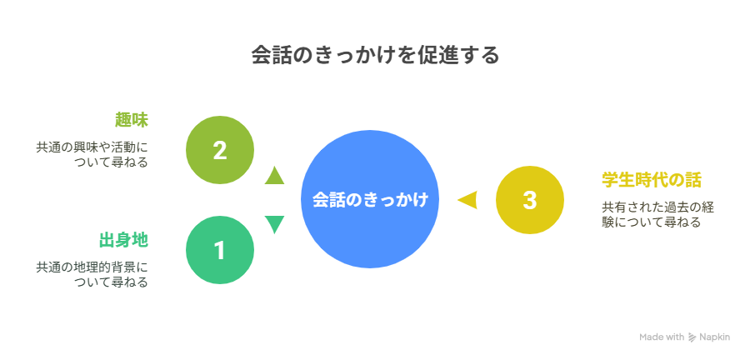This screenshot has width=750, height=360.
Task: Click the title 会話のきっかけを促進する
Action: pyautogui.click(x=376, y=56)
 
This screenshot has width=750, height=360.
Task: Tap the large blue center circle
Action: pyautogui.click(x=370, y=199)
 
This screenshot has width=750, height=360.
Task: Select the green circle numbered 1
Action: pyautogui.click(x=219, y=250)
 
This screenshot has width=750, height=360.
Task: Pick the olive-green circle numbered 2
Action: pyautogui.click(x=219, y=150)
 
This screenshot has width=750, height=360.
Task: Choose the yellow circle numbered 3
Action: pyautogui.click(x=530, y=200)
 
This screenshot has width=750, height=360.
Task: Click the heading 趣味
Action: pyautogui.click(x=132, y=119)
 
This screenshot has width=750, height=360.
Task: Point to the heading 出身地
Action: pyautogui.click(x=123, y=240)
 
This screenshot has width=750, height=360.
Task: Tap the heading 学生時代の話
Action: pyautogui.click(x=652, y=180)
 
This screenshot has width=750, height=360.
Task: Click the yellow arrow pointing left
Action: pyautogui.click(x=468, y=200)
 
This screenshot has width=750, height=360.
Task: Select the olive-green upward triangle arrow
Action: pyautogui.click(x=274, y=176)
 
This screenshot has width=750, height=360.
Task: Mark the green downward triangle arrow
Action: pyautogui.click(x=274, y=224)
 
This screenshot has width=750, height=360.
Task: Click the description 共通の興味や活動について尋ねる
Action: pyautogui.click(x=92, y=154)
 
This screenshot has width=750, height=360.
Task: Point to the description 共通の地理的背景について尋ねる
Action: pyautogui.click(x=92, y=274)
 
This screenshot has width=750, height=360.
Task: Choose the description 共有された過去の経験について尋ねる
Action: pyautogui.click(x=657, y=215)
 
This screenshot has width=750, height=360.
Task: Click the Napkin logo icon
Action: pyautogui.click(x=692, y=337)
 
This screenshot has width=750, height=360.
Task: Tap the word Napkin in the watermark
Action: pyautogui.click(x=715, y=337)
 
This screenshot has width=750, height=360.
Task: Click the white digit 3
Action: pyautogui.click(x=530, y=200)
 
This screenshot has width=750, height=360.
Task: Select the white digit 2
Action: pyautogui.click(x=219, y=151)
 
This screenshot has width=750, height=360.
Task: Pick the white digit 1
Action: pyautogui.click(x=219, y=251)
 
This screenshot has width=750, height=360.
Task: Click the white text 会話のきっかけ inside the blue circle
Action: pyautogui.click(x=370, y=199)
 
